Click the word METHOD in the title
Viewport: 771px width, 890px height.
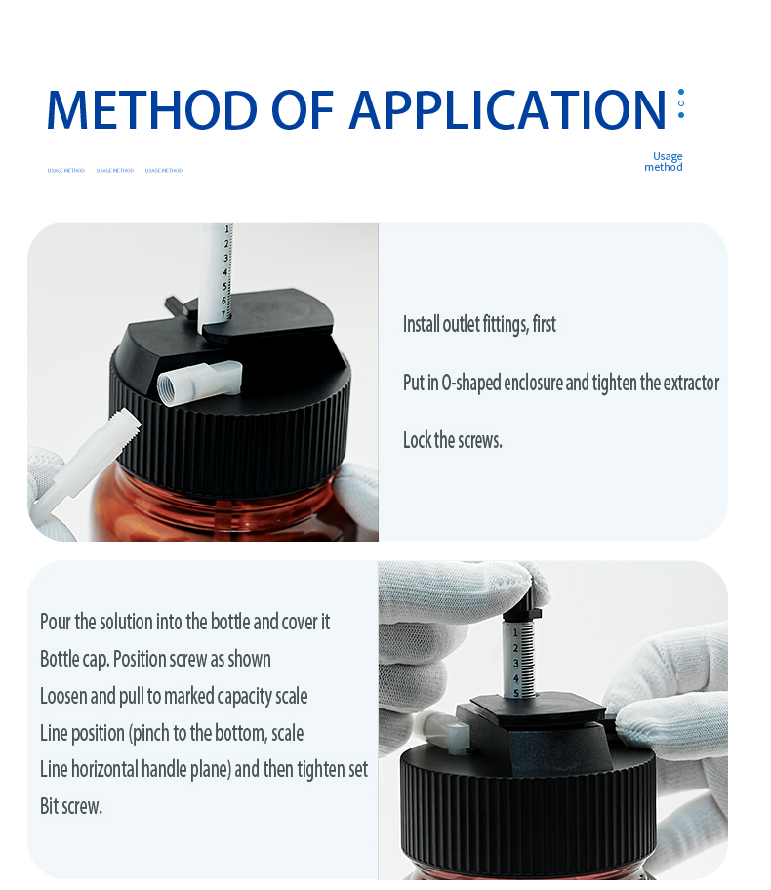pos(151,109)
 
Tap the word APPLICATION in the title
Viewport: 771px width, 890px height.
pos(507,109)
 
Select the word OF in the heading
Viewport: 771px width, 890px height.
pos(304,109)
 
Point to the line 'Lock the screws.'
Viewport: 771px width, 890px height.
pos(453,440)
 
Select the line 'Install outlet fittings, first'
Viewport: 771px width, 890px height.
pos(479,324)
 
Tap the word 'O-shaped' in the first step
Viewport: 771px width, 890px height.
pos(471,383)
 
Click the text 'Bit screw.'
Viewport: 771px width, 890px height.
pos(71,806)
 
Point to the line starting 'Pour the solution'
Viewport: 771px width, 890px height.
pos(184,622)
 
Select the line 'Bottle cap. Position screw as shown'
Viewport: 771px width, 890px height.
pos(155,659)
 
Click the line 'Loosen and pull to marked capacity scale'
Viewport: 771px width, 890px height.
pos(174,696)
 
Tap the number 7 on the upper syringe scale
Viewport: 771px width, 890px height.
pos(224,314)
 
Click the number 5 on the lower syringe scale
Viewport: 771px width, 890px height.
pos(516,692)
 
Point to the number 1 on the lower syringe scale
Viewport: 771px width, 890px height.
pos(515,633)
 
